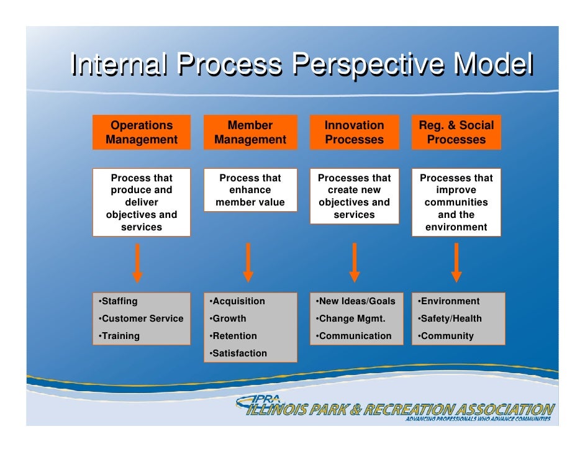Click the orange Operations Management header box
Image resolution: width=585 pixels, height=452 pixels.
pos(142,132)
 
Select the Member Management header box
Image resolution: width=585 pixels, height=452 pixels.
pos(250,132)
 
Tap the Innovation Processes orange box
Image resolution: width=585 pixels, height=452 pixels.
pos(354,132)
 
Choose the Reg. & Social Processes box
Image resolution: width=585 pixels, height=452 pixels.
pos(456,132)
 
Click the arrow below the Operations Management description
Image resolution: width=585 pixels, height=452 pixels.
pos(137,263)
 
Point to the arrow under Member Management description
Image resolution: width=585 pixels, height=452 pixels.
pos(248,263)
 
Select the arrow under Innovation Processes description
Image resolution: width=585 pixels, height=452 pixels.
pos(355,263)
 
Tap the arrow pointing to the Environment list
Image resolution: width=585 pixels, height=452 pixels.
pos(456,263)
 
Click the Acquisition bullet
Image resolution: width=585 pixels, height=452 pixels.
pos(238,301)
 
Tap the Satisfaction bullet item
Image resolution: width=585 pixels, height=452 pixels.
pos(239,353)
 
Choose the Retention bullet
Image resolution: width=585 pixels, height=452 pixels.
pos(234,336)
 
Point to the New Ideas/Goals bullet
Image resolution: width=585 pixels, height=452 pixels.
pos(356,301)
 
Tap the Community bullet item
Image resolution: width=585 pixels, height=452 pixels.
pos(447,336)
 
